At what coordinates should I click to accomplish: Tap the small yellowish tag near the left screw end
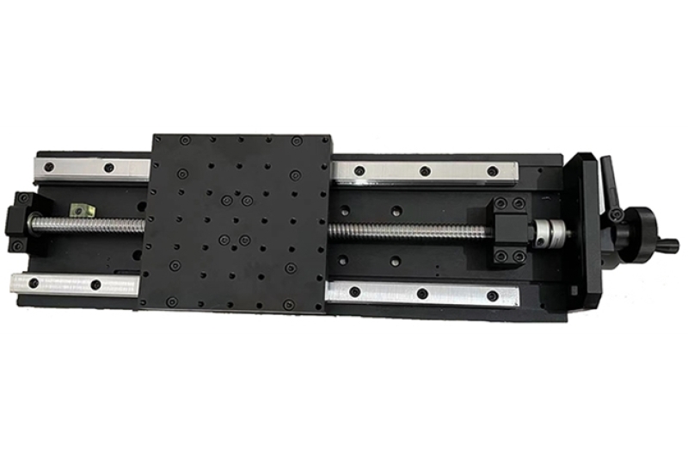pos(81,209)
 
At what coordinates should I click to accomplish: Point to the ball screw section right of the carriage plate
pos(404,231)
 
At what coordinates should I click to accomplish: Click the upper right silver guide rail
pos(426,171)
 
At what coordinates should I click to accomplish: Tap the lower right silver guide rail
pos(421,294)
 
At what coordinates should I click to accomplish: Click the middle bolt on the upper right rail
pos(425,171)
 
